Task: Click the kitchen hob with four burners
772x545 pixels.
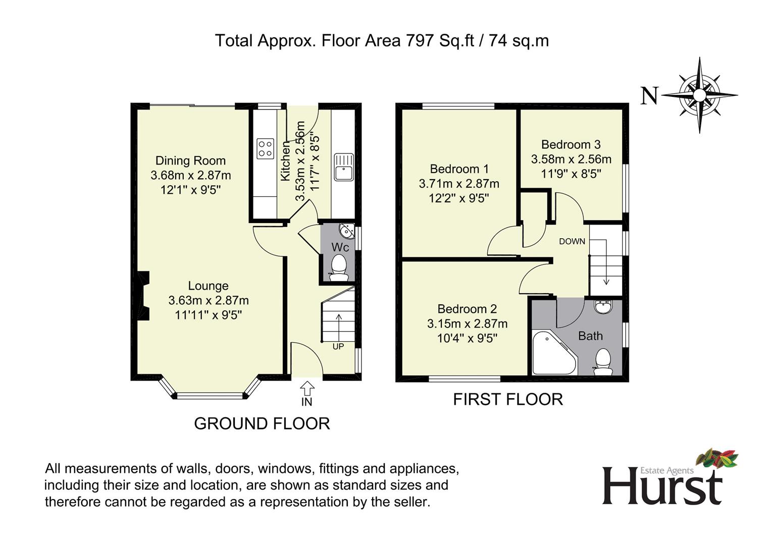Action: [266, 148]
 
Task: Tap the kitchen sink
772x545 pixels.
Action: [344, 167]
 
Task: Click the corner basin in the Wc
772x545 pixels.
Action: [347, 231]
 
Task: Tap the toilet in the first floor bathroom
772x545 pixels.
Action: [603, 362]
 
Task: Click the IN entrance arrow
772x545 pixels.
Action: [307, 388]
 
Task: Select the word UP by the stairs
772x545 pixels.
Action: [338, 347]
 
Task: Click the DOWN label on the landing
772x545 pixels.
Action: [572, 242]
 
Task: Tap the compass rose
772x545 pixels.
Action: [699, 95]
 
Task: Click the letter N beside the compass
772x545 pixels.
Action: [650, 95]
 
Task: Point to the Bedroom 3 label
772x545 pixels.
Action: [571, 144]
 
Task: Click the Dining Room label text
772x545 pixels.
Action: [190, 160]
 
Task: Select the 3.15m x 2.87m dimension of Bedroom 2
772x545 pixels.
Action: [468, 324]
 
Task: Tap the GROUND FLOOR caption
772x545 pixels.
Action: [262, 423]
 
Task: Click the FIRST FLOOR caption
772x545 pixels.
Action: [508, 399]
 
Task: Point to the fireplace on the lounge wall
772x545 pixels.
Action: [143, 296]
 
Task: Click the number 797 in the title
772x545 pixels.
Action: [420, 41]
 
